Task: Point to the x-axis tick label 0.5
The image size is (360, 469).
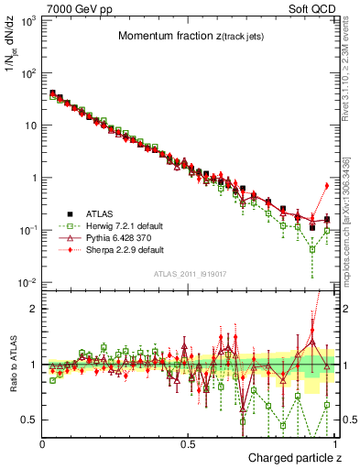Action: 187,444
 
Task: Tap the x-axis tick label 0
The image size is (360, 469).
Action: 42,444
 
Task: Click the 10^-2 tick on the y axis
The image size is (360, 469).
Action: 27,282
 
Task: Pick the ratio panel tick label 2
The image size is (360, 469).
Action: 33,309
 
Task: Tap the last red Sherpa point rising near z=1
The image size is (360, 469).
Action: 327,186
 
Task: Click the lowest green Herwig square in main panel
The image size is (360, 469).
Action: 312,249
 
